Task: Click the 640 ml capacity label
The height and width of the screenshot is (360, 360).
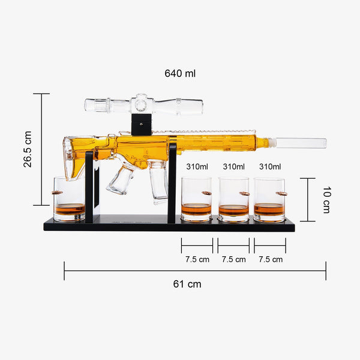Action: point(180,73)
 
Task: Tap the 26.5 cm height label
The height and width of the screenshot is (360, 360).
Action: point(28,149)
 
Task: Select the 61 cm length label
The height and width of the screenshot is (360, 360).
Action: point(187,284)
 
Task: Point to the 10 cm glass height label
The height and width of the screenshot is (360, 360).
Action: point(327,200)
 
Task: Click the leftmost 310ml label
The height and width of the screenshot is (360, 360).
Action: point(197,166)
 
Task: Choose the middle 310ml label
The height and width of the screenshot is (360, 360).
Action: point(234,166)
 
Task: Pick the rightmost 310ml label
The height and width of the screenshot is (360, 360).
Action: point(270,166)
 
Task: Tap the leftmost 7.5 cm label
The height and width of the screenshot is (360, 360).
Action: point(197,259)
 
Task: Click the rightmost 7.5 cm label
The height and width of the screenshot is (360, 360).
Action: point(271,259)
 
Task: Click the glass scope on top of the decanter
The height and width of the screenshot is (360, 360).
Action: point(144,105)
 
